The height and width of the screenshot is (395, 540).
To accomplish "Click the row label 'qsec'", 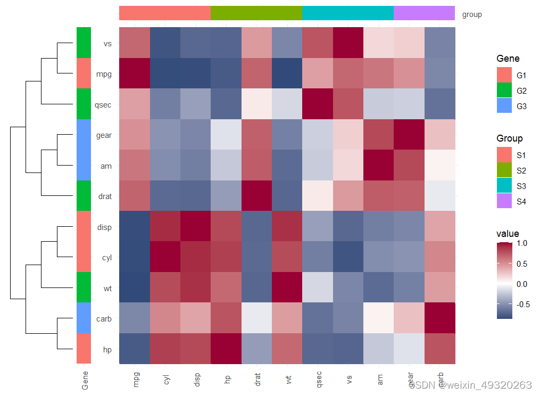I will pyautogui.click(x=103, y=105).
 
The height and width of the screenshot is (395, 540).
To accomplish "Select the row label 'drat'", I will pyautogui.click(x=105, y=196).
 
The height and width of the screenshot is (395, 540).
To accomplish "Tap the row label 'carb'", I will pyautogui.click(x=104, y=319).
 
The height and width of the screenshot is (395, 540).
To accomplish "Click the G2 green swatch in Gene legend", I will pyautogui.click(x=504, y=91).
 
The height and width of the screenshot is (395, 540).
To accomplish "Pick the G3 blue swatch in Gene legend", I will pyautogui.click(x=504, y=106).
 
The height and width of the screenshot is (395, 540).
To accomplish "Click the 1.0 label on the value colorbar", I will pyautogui.click(x=522, y=243).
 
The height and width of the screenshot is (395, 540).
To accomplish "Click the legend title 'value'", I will pyautogui.click(x=508, y=234).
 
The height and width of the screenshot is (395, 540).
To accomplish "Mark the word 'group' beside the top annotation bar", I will pyautogui.click(x=472, y=14).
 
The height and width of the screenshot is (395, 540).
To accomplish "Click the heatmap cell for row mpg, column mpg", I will pyautogui.click(x=135, y=74).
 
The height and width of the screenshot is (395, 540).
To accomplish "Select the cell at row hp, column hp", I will pyautogui.click(x=226, y=349).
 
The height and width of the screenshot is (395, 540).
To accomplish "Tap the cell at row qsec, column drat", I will pyautogui.click(x=256, y=105).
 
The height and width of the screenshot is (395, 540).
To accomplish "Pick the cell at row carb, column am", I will pyautogui.click(x=379, y=319).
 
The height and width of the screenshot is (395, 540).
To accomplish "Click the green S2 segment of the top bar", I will pyautogui.click(x=256, y=13).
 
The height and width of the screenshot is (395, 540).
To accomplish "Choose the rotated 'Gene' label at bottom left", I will pyautogui.click(x=85, y=380).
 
